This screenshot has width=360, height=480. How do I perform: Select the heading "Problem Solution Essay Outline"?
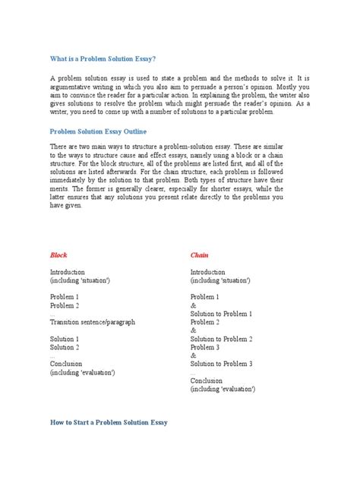click(103, 131)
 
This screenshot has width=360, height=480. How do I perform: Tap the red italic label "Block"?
click(58, 255)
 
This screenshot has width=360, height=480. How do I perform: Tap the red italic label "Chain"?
click(200, 255)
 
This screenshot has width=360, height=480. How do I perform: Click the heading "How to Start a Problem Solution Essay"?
click(109, 422)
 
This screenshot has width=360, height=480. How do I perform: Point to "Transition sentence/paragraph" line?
click(92, 322)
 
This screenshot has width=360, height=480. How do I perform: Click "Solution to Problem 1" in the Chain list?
click(221, 314)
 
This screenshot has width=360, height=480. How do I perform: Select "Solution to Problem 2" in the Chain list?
click(221, 339)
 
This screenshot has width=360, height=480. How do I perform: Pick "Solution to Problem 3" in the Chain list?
click(221, 364)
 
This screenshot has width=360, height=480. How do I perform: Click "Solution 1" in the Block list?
click(65, 339)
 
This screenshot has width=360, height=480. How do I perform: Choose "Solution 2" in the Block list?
click(65, 347)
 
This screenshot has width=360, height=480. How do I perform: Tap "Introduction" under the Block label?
click(68, 272)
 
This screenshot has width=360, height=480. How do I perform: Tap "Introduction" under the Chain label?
click(207, 272)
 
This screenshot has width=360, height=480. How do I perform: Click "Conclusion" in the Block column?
click(66, 364)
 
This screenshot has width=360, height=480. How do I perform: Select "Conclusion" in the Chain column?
click(207, 381)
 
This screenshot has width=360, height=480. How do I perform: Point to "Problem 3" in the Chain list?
click(205, 347)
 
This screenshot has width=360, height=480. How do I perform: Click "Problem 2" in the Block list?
click(65, 305)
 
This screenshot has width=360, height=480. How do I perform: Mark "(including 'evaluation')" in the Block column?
click(83, 372)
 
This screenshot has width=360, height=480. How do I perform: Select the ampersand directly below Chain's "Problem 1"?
click(193, 305)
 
